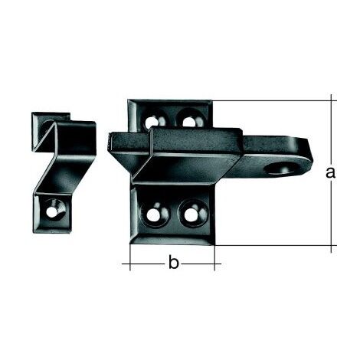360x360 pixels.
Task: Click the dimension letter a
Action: pos(330,173)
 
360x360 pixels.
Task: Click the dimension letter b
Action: pos(174,263)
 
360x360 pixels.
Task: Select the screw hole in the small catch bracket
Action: pos(53,211)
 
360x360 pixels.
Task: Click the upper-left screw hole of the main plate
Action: pos(152,122)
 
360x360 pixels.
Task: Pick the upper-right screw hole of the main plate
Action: pos(189,121)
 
